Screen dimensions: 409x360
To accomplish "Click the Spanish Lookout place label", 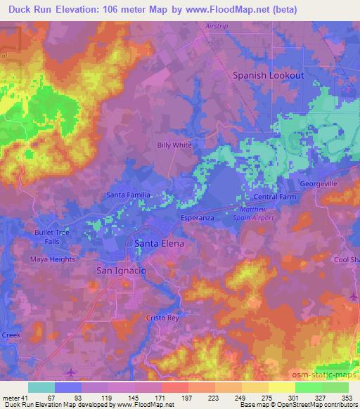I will (269, 74).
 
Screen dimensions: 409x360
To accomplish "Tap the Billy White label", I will (174, 145).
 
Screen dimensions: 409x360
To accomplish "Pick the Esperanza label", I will (197, 218).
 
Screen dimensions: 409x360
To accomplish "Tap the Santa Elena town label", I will (159, 243).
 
